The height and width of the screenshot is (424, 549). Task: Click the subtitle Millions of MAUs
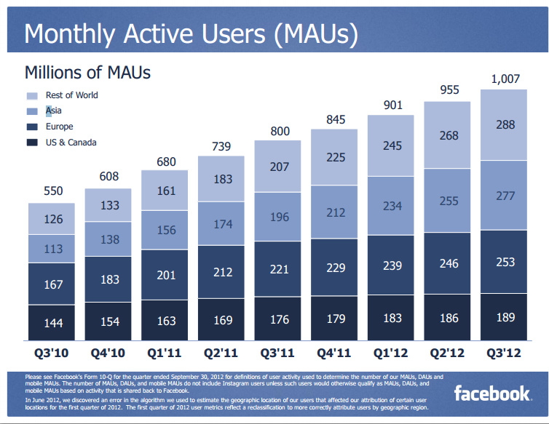pyautogui.click(x=87, y=73)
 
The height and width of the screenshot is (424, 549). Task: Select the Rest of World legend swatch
pyautogui.click(x=31, y=96)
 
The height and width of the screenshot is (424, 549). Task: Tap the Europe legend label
pyautogui.click(x=59, y=127)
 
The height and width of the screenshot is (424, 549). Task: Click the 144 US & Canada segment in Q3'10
pyautogui.click(x=54, y=322)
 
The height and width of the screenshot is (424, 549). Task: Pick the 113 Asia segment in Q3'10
pyautogui.click(x=54, y=249)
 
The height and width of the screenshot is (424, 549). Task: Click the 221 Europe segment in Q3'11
pyautogui.click(x=279, y=268)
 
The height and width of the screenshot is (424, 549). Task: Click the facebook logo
pyautogui.click(x=491, y=393)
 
